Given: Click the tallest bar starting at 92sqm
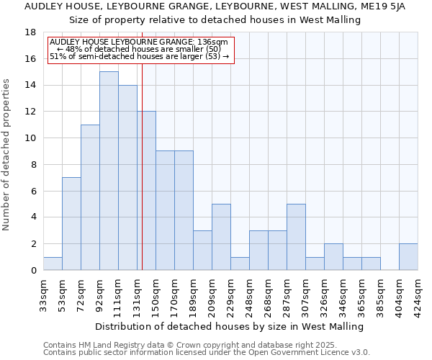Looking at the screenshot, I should pos(109,171).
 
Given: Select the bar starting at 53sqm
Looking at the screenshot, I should pos(71,224).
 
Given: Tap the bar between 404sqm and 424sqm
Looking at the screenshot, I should pos(408,257).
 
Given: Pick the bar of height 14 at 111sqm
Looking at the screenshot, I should pos(127,177).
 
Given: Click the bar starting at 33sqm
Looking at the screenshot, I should pos(53,264).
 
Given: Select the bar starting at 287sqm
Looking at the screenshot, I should pos(296,237).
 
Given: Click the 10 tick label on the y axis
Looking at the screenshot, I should pos(31,138).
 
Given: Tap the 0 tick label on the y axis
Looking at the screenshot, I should pos(33,271).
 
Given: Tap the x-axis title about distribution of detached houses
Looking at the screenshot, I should pos(230,326).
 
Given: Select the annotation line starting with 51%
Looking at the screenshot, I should pos(139,56).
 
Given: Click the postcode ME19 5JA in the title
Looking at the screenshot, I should pos(386,6).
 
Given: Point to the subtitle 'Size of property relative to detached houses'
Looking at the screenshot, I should pos(216,19).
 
